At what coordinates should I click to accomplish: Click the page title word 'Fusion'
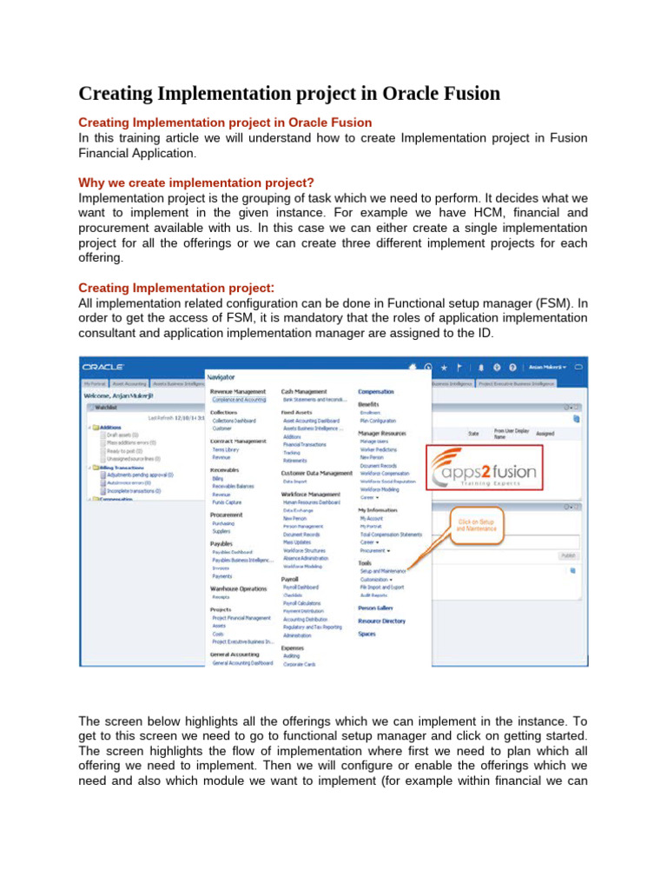pos(463,92)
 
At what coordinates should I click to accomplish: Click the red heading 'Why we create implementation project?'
pos(196,183)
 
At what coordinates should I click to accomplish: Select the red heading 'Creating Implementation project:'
pos(176,287)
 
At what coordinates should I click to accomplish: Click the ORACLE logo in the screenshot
pos(103,368)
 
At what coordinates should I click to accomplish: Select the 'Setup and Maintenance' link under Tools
pos(383,570)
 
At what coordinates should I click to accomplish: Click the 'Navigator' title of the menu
pos(221,376)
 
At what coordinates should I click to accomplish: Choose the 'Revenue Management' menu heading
pos(238,392)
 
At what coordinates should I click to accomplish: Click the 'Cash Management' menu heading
pos(304,392)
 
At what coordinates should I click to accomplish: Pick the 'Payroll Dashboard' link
pos(302,587)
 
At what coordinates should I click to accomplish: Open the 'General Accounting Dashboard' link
pos(243,662)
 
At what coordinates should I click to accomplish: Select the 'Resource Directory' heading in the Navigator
pos(381,621)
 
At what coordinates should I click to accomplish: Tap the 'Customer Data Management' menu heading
pos(317,473)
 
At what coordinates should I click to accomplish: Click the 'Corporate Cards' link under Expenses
pos(300,664)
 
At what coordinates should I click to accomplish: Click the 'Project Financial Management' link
pos(241,618)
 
